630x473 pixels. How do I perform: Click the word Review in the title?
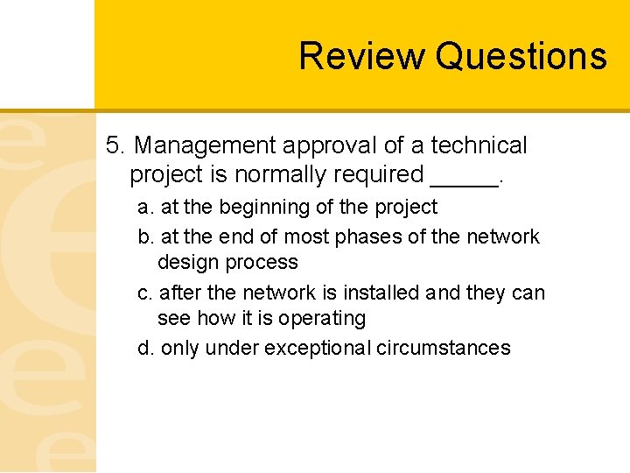[x=362, y=56]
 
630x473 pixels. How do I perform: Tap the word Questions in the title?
[x=521, y=56]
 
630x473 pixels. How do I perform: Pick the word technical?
[x=479, y=145]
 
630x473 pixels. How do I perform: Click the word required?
[x=379, y=175]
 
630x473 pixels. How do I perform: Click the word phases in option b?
[x=402, y=236]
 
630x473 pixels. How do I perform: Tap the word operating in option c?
[x=324, y=319]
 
